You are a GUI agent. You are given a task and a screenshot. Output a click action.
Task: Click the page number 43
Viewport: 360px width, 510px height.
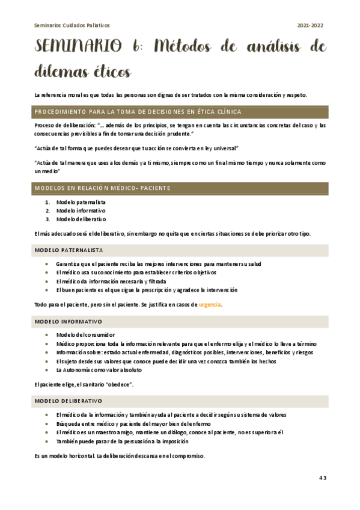pos(322,478)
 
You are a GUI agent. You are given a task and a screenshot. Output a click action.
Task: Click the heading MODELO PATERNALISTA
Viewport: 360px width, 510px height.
pos(69,250)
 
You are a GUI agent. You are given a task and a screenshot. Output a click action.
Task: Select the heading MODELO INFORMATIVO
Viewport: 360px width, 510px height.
pos(68,322)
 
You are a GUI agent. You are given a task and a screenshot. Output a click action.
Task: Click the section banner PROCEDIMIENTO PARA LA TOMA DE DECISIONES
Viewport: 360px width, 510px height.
pos(138,112)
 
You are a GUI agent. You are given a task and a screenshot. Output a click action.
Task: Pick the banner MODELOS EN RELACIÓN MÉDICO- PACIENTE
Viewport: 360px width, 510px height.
pos(103,189)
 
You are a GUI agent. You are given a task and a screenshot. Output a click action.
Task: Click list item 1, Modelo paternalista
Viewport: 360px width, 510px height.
pos(81,203)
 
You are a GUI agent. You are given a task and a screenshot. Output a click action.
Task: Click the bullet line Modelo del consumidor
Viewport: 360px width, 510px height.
pos(85,334)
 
